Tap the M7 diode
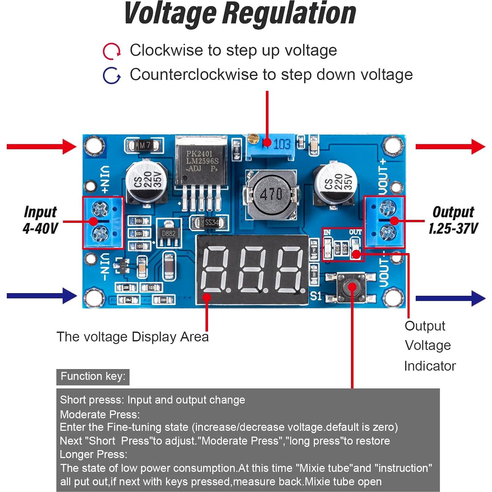coord(144,145)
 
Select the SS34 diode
coord(209,223)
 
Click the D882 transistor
coord(168,233)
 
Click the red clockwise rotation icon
coord(111,51)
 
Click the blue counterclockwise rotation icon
coord(111,76)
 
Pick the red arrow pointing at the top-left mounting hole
coord(41,147)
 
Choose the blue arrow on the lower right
coord(450,298)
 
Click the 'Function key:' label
coord(93,377)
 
